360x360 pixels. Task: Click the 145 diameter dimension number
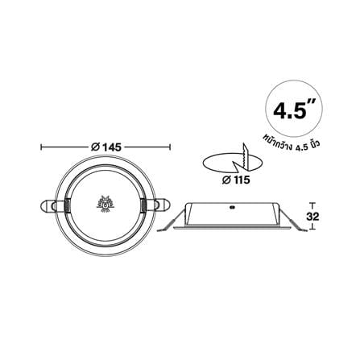(x=111, y=147)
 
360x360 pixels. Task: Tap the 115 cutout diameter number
(x=240, y=180)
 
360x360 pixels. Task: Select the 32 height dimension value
(x=312, y=217)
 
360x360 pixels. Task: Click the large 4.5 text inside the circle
(x=290, y=110)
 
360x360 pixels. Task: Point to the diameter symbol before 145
(x=95, y=147)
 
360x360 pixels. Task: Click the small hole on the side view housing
(x=232, y=207)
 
